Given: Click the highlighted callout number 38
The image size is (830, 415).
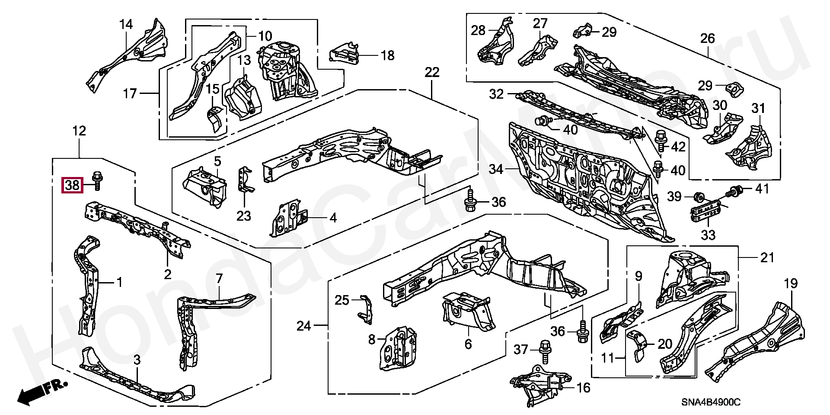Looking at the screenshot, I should tap(72, 186).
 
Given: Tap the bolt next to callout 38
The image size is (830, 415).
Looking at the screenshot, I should tap(97, 180).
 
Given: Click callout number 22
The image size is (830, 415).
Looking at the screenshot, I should tap(431, 72).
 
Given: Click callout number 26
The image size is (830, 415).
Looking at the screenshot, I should tap(707, 39).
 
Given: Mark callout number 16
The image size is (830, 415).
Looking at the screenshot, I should tap(583, 388).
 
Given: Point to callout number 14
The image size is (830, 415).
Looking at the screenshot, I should tap(126, 25).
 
